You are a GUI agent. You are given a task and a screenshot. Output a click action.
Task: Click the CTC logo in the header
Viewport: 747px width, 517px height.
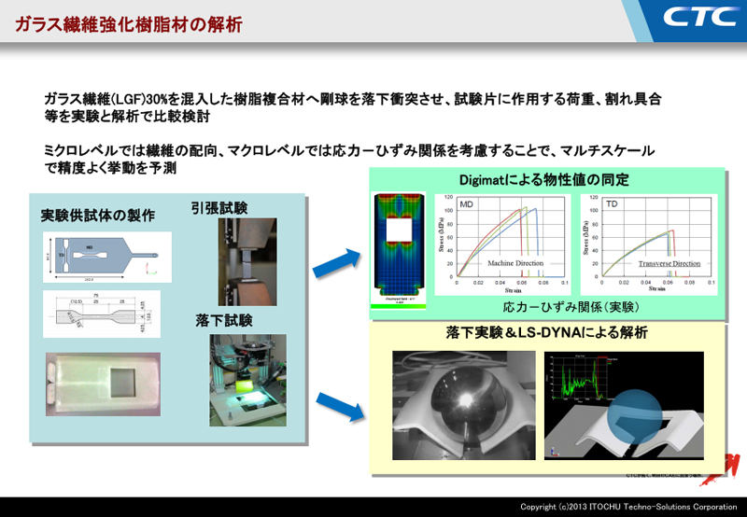coord(698,16)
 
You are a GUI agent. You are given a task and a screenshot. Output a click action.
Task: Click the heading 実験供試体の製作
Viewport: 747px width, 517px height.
coord(98,216)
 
